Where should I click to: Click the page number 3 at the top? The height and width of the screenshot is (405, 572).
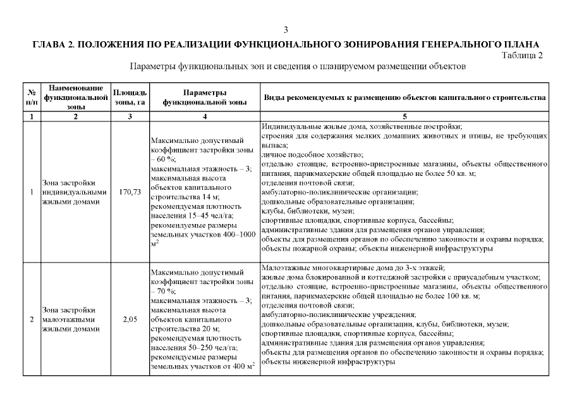click(x=286, y=30)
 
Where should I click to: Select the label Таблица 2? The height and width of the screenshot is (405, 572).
click(x=522, y=55)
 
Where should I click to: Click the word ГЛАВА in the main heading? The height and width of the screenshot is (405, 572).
click(x=48, y=44)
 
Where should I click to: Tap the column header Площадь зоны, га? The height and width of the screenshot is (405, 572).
click(x=130, y=97)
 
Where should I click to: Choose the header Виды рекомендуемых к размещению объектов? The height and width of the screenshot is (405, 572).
click(x=405, y=98)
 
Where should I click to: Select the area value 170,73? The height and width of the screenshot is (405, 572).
click(x=130, y=192)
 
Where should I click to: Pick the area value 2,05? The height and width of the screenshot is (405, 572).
click(x=130, y=320)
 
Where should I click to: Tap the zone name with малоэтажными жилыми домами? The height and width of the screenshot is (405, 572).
click(x=70, y=320)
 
